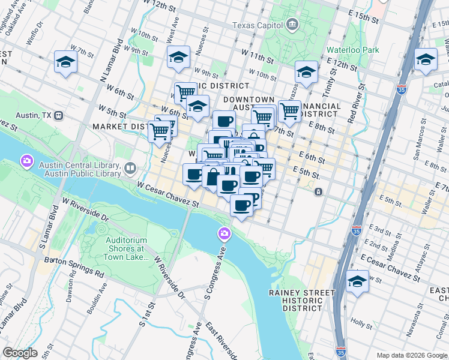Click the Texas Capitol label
(258, 25)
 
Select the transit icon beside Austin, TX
(58, 115)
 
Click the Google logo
(20, 353)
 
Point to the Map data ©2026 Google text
(412, 355)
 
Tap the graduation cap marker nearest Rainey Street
(357, 281)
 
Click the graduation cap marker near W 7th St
(65, 61)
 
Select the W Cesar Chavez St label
(167, 196)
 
